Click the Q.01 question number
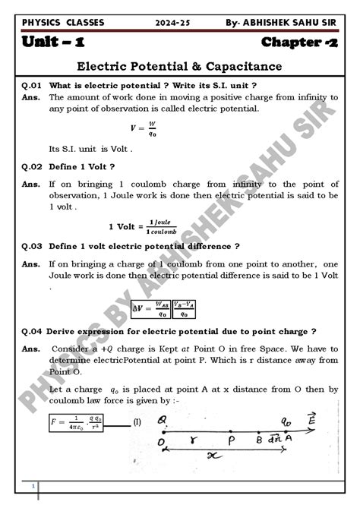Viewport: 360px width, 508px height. [x=32, y=85]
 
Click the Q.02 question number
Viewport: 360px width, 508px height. [x=32, y=166]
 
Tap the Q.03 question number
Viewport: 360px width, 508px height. [x=32, y=246]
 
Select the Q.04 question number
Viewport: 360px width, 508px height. [x=32, y=331]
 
